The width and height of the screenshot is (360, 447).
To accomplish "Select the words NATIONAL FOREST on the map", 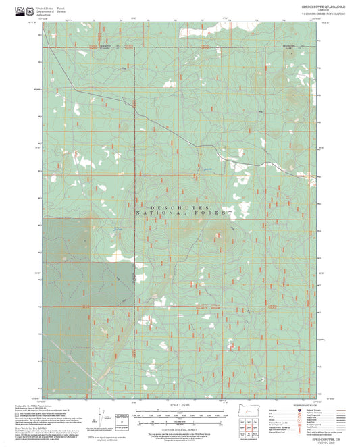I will click(184, 213).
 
